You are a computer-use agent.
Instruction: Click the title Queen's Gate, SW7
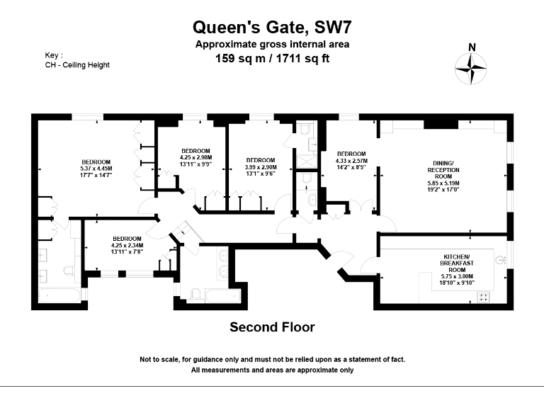click(x=273, y=28)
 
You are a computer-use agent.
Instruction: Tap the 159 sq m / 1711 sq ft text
click(x=273, y=58)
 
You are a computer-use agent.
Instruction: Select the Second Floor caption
click(x=272, y=327)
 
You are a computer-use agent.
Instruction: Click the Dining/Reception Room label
click(x=443, y=171)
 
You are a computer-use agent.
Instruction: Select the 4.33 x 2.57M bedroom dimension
click(x=351, y=161)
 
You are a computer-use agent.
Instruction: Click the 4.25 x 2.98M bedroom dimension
click(x=195, y=157)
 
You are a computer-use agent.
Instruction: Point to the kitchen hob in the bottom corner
click(x=485, y=298)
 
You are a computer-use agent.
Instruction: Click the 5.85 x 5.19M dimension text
click(x=443, y=183)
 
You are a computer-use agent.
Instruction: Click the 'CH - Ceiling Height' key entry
click(x=76, y=64)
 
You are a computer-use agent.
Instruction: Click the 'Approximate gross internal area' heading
click(x=273, y=45)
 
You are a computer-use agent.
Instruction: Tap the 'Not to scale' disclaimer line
click(x=272, y=361)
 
